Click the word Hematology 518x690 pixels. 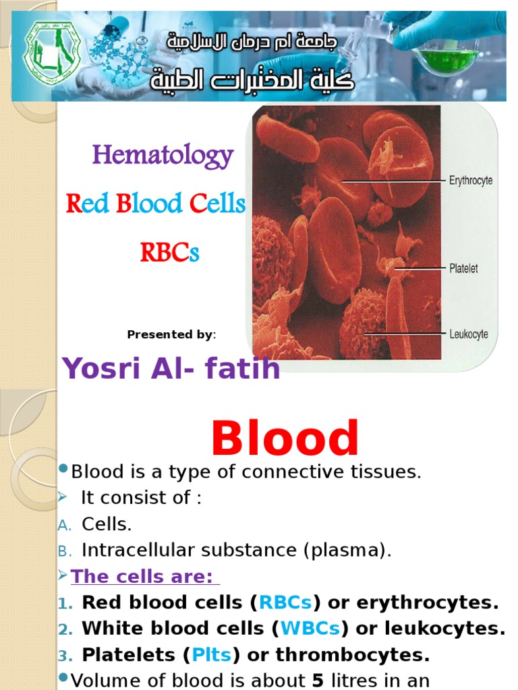point(163,156)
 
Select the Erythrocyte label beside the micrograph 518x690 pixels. point(471,181)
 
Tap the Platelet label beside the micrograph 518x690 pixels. point(463,268)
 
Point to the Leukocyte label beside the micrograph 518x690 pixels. point(469,334)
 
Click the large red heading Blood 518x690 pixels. point(285,439)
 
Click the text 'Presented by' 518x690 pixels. point(169,335)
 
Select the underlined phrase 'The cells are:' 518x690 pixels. point(142,577)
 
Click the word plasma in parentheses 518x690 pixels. point(347,551)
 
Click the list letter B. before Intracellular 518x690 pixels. point(64,551)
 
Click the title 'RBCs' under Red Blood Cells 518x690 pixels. point(169,253)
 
